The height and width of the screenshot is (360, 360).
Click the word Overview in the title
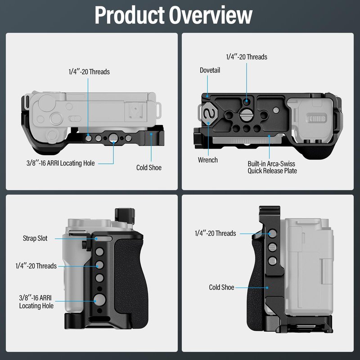coord(211,15)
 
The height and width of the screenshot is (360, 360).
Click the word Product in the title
coord(130,15)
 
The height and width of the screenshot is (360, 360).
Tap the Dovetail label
coord(210,70)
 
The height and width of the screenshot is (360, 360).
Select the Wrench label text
coord(208,160)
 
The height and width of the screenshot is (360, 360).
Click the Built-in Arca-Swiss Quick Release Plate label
coord(272,167)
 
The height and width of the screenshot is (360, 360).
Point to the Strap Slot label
coord(35,238)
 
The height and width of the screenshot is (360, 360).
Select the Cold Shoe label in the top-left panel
coord(149,167)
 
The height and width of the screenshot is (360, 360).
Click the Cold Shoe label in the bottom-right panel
coord(221,287)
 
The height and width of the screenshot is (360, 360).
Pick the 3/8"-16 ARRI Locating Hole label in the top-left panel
coord(61,163)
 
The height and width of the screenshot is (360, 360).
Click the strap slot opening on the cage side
coord(103,239)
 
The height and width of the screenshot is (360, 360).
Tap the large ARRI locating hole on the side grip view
coord(99,300)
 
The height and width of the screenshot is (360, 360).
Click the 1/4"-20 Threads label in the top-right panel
coord(247,57)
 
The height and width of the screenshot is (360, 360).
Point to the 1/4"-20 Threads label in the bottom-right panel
coord(216,233)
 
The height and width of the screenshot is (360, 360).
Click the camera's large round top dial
coord(47,103)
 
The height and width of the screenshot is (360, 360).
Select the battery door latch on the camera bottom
coord(317,119)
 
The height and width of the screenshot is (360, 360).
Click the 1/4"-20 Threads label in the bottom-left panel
coord(36,266)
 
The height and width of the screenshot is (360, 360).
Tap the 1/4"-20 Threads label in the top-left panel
coord(89,72)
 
